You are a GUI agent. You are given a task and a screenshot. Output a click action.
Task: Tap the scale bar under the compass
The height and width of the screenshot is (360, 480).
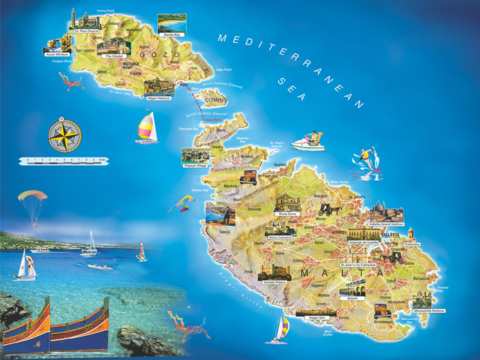[64, 160]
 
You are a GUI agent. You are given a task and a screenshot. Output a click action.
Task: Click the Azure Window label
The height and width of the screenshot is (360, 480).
[56, 54]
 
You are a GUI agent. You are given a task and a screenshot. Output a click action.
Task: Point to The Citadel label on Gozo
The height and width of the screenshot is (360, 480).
[114, 55]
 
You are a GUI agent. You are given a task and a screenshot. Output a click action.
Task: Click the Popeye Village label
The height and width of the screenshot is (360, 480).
[195, 166]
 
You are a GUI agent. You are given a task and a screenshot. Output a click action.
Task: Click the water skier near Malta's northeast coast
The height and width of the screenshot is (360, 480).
[365, 160]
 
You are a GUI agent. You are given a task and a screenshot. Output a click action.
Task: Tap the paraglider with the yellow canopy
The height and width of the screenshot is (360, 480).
[33, 202]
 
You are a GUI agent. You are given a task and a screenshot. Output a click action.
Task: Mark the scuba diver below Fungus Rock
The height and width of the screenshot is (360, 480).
[71, 81]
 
